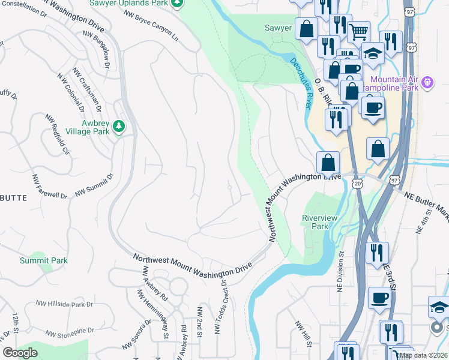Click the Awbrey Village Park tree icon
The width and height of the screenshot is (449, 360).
point(119,125)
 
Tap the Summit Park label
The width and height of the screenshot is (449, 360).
point(43,260)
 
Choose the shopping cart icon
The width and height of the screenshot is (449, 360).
point(358,31)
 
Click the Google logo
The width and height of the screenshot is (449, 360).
point(20,353)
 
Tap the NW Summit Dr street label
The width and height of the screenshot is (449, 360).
point(94,185)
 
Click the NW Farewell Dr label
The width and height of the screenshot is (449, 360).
point(50,187)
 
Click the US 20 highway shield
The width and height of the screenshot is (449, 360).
point(358,186)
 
